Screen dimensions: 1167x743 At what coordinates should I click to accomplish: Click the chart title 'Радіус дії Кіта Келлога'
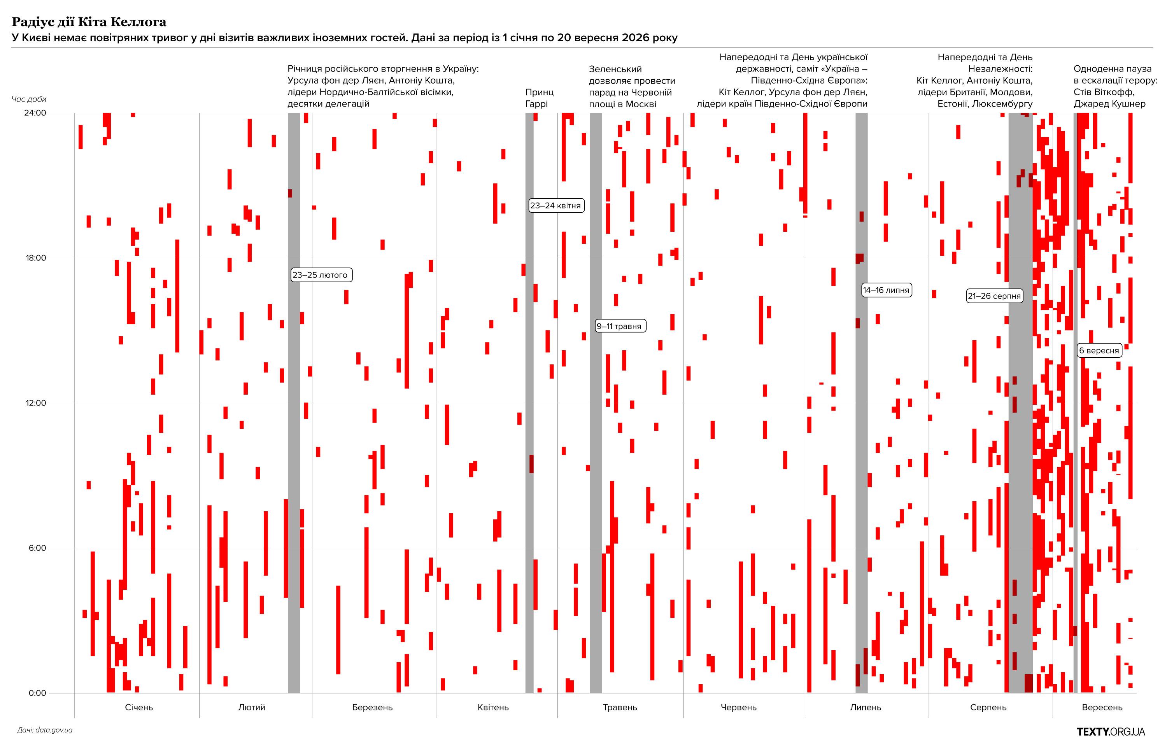click(x=89, y=22)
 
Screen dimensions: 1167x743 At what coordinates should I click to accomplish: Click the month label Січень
click(x=139, y=708)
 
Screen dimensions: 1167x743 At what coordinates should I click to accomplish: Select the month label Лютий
click(x=252, y=708)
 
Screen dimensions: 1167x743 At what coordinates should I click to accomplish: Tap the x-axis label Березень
click(x=372, y=708)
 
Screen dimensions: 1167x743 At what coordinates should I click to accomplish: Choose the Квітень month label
click(x=493, y=708)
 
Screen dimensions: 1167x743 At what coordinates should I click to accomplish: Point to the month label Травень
click(x=620, y=708)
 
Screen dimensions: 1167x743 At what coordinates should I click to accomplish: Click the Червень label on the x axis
click(x=739, y=708)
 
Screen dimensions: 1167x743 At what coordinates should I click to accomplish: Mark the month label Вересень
click(x=1102, y=708)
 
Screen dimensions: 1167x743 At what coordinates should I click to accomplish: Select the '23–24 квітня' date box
click(x=555, y=205)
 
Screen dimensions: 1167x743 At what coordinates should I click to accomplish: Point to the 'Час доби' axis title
click(x=29, y=99)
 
